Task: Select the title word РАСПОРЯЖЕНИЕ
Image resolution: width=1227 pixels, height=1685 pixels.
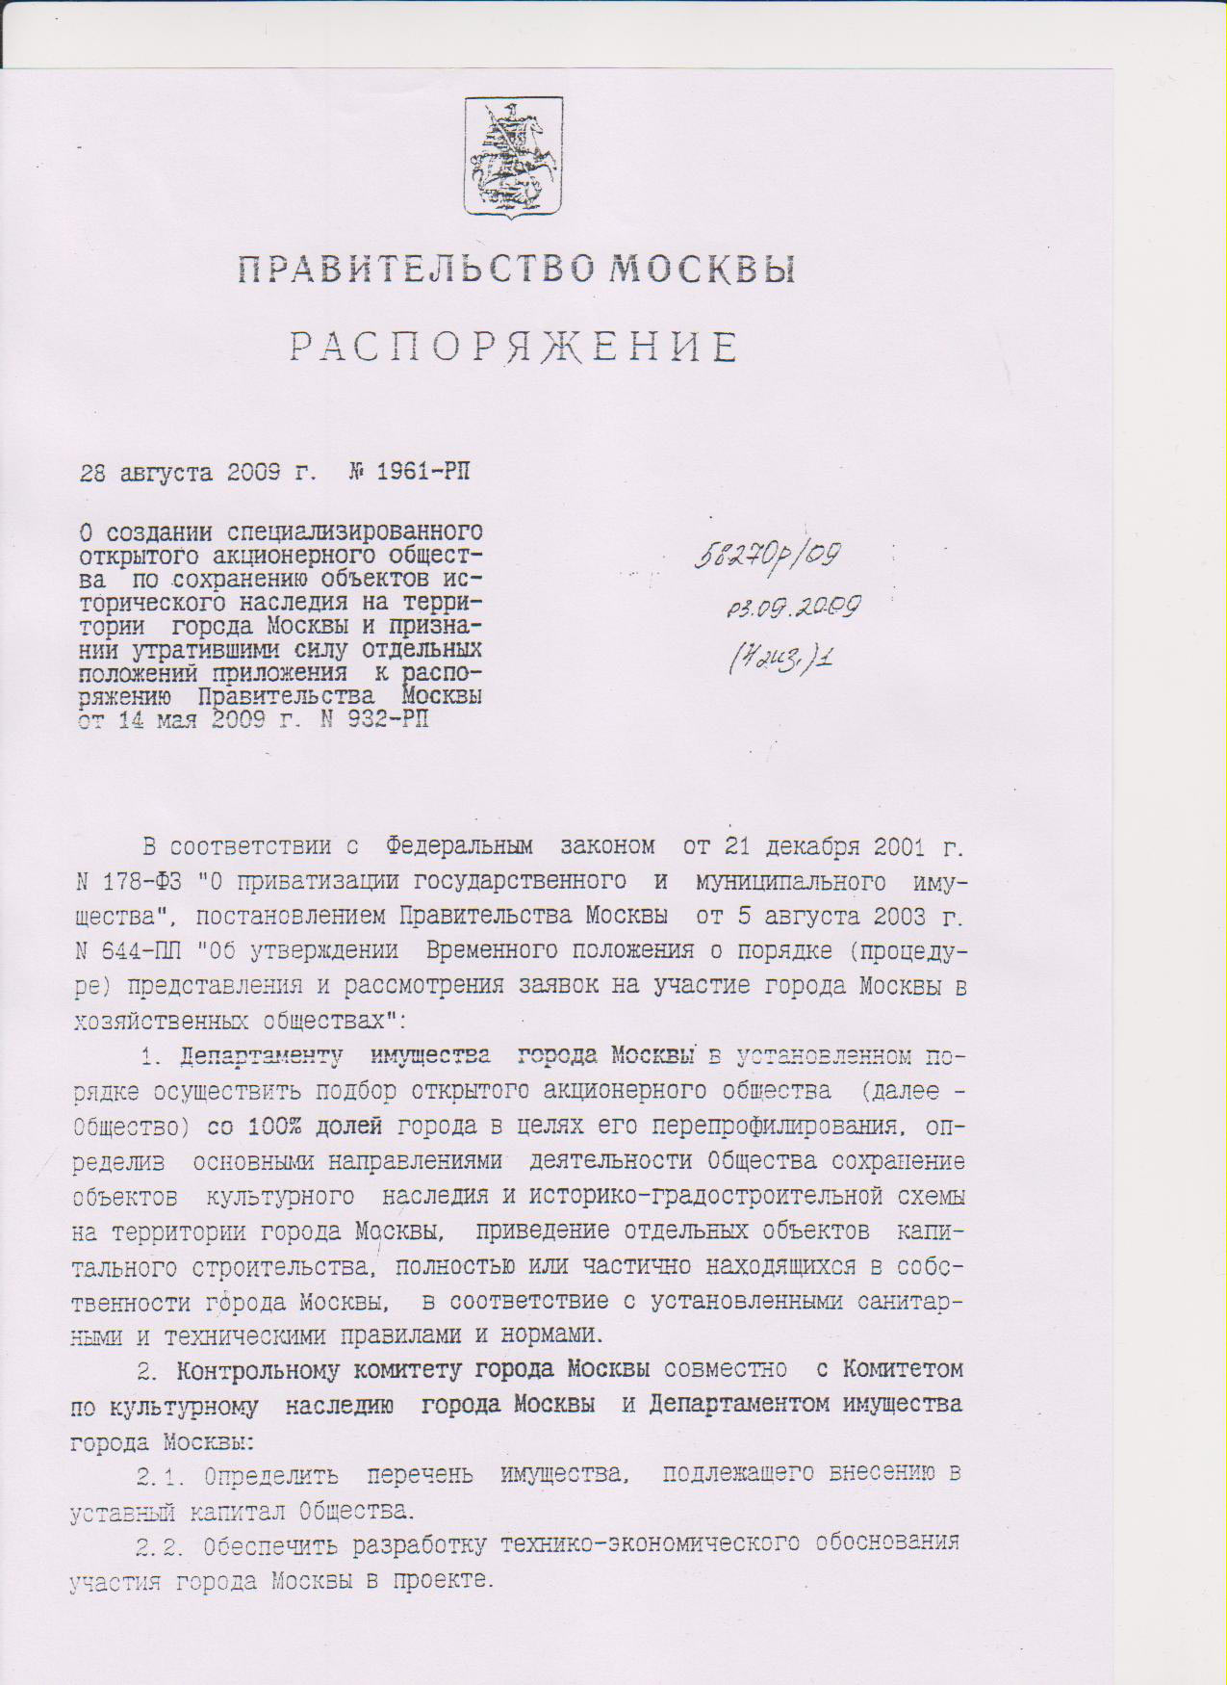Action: [515, 347]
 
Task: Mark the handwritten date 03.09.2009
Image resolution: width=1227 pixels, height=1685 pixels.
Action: [794, 607]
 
